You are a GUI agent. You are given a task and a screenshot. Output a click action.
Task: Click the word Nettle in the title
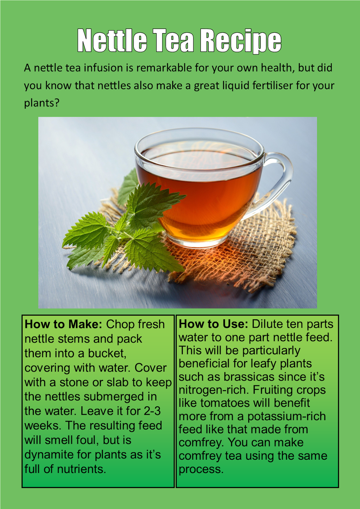pos(112,40)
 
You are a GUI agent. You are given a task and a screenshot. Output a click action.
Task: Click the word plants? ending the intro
pos(42,103)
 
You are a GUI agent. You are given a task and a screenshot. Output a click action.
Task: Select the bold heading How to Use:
pos(213,324)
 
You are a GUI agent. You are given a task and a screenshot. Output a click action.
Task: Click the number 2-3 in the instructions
pos(152,411)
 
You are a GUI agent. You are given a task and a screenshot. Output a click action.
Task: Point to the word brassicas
pos(249,377)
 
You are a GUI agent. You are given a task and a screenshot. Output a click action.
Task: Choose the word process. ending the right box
pos(201,469)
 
